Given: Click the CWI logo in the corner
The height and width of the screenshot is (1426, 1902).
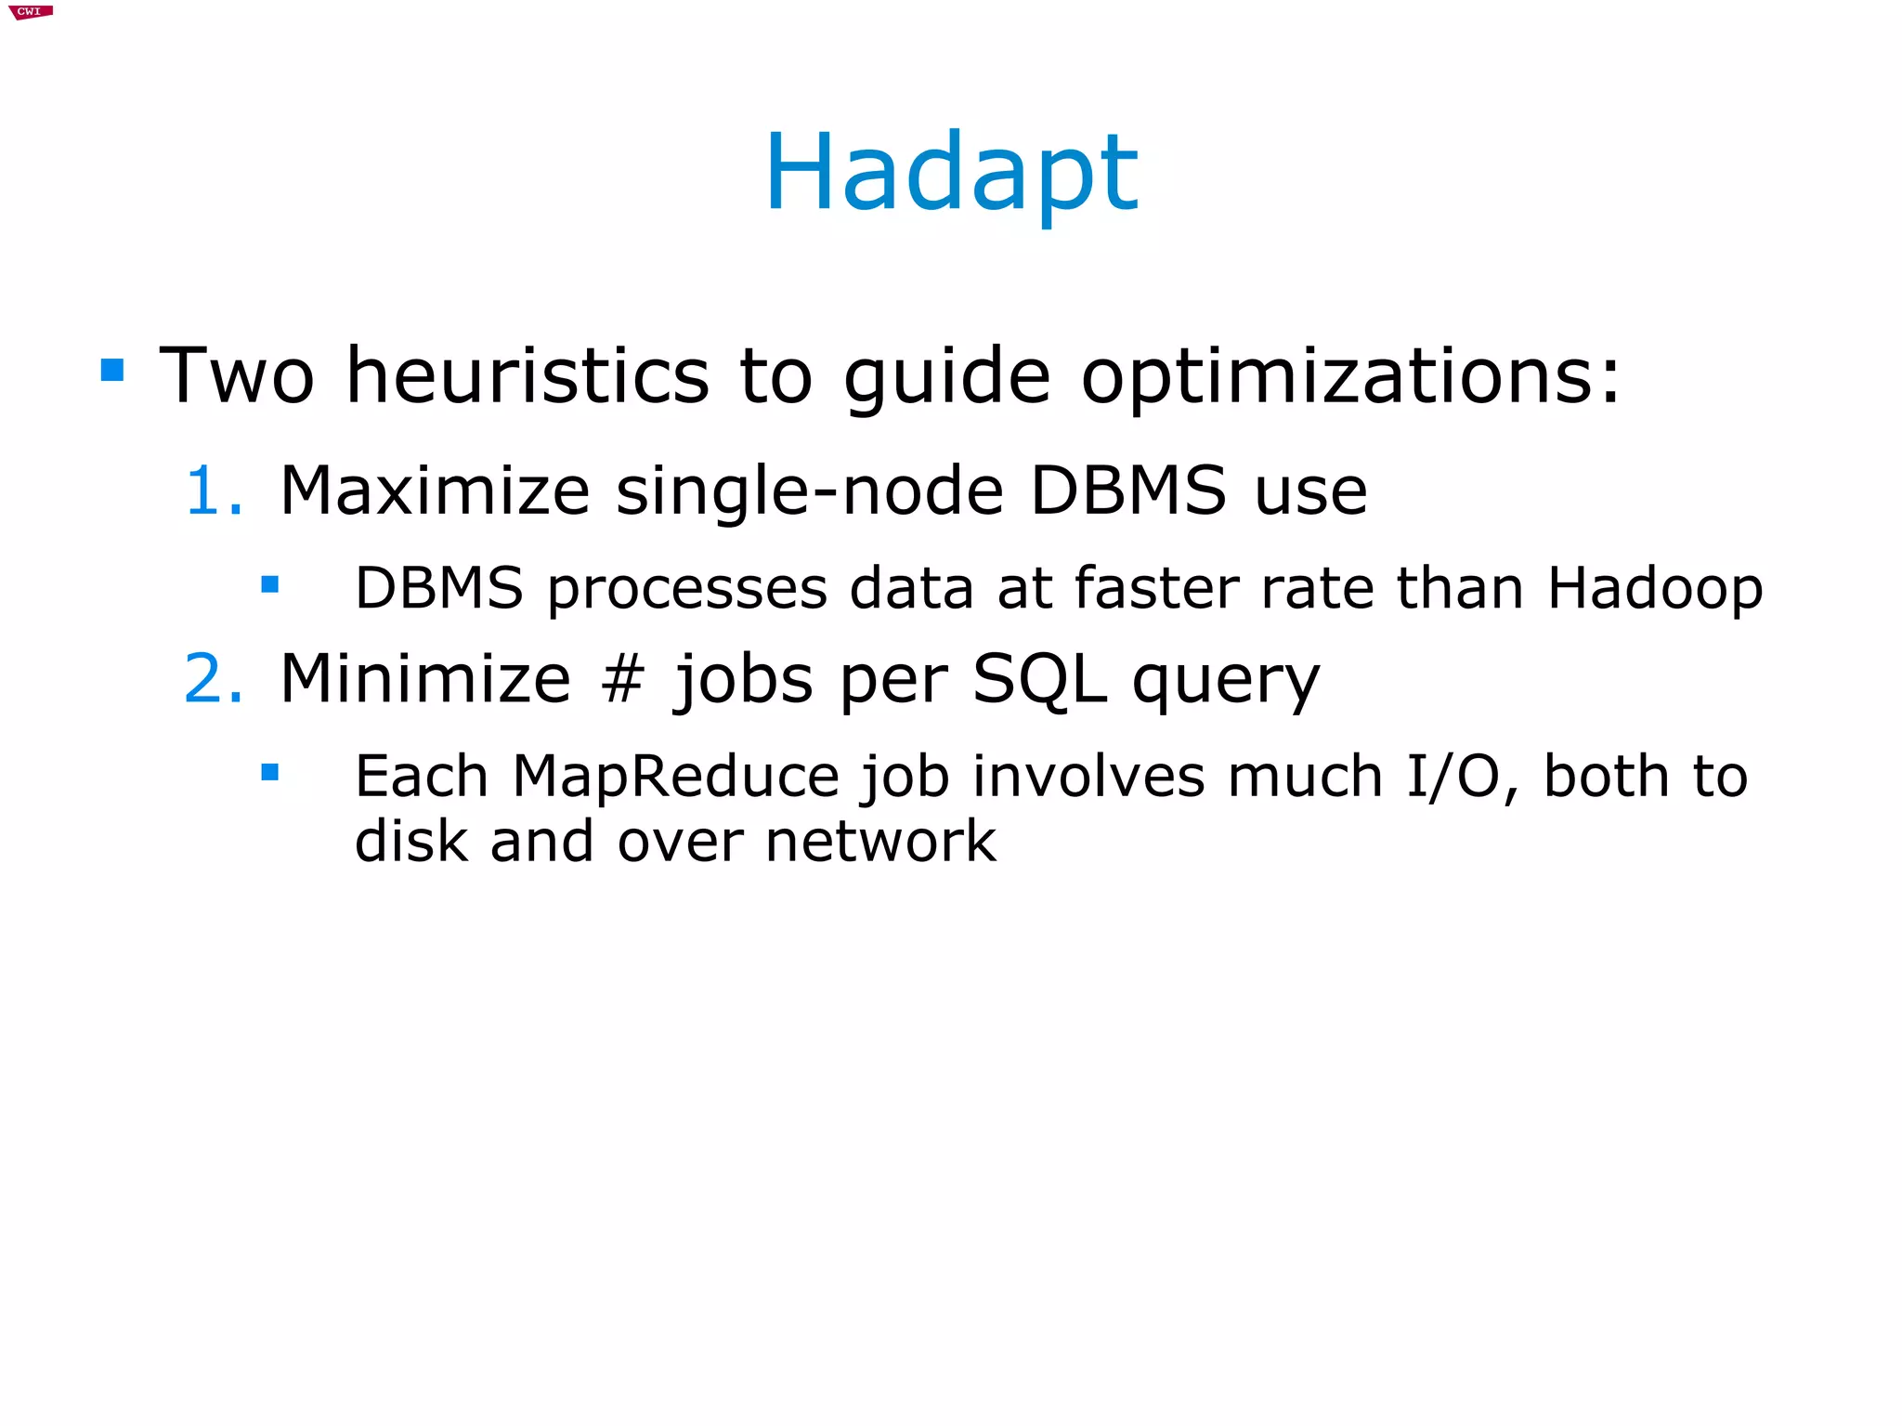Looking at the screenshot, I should point(30,11).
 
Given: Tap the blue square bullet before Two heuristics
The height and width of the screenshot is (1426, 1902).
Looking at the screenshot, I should point(112,371).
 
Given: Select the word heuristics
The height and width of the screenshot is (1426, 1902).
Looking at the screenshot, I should point(528,375).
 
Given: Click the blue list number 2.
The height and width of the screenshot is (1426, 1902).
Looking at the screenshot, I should point(213,678).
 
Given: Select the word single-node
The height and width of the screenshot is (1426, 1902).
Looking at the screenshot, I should point(810,492).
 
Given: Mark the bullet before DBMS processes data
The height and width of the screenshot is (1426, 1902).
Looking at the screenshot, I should point(270,584).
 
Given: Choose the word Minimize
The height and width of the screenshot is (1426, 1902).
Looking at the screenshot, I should point(425,678).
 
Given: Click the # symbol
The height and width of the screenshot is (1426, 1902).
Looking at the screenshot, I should point(621,679).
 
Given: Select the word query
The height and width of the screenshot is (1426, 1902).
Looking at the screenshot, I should point(1226,684).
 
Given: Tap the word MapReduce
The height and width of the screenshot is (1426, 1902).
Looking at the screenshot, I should point(675,778).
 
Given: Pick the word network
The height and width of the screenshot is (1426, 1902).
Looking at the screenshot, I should point(880,842).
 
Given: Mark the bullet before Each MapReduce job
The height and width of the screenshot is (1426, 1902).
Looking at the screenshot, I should point(270,772).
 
